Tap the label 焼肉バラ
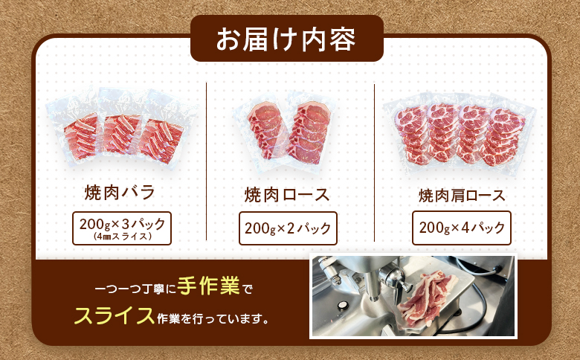pyautogui.click(x=120, y=193)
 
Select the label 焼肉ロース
pyautogui.click(x=287, y=196)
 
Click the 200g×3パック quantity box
pyautogui.click(x=122, y=228)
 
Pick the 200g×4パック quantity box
pyautogui.click(x=461, y=227)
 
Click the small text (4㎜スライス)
pyautogui.click(x=123, y=237)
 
